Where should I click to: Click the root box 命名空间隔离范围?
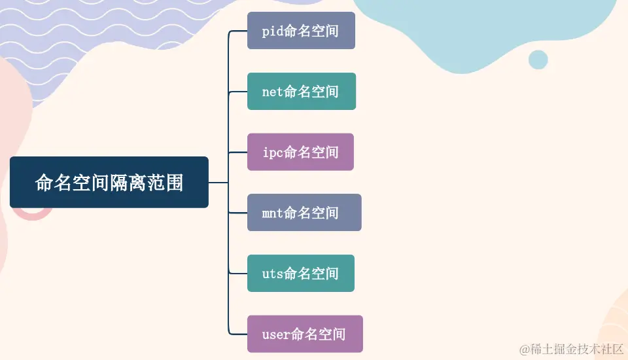(109, 183)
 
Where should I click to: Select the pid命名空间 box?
(301, 31)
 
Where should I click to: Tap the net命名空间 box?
(301, 92)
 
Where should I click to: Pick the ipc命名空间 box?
(300, 152)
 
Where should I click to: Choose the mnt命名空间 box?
(304, 213)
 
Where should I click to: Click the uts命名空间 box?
(300, 274)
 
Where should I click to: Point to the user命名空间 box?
(305, 334)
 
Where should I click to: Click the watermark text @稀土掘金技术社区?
(570, 350)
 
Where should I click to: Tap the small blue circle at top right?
(538, 60)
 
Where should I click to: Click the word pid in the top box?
(272, 31)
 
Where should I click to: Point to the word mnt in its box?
(272, 213)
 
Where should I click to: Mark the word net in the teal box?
(272, 92)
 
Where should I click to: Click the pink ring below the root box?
(33, 213)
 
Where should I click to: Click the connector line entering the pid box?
(239, 31)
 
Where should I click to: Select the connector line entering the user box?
(239, 334)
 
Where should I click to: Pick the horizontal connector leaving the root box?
(218, 183)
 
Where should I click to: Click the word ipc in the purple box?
(272, 153)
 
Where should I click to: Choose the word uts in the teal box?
(272, 274)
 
